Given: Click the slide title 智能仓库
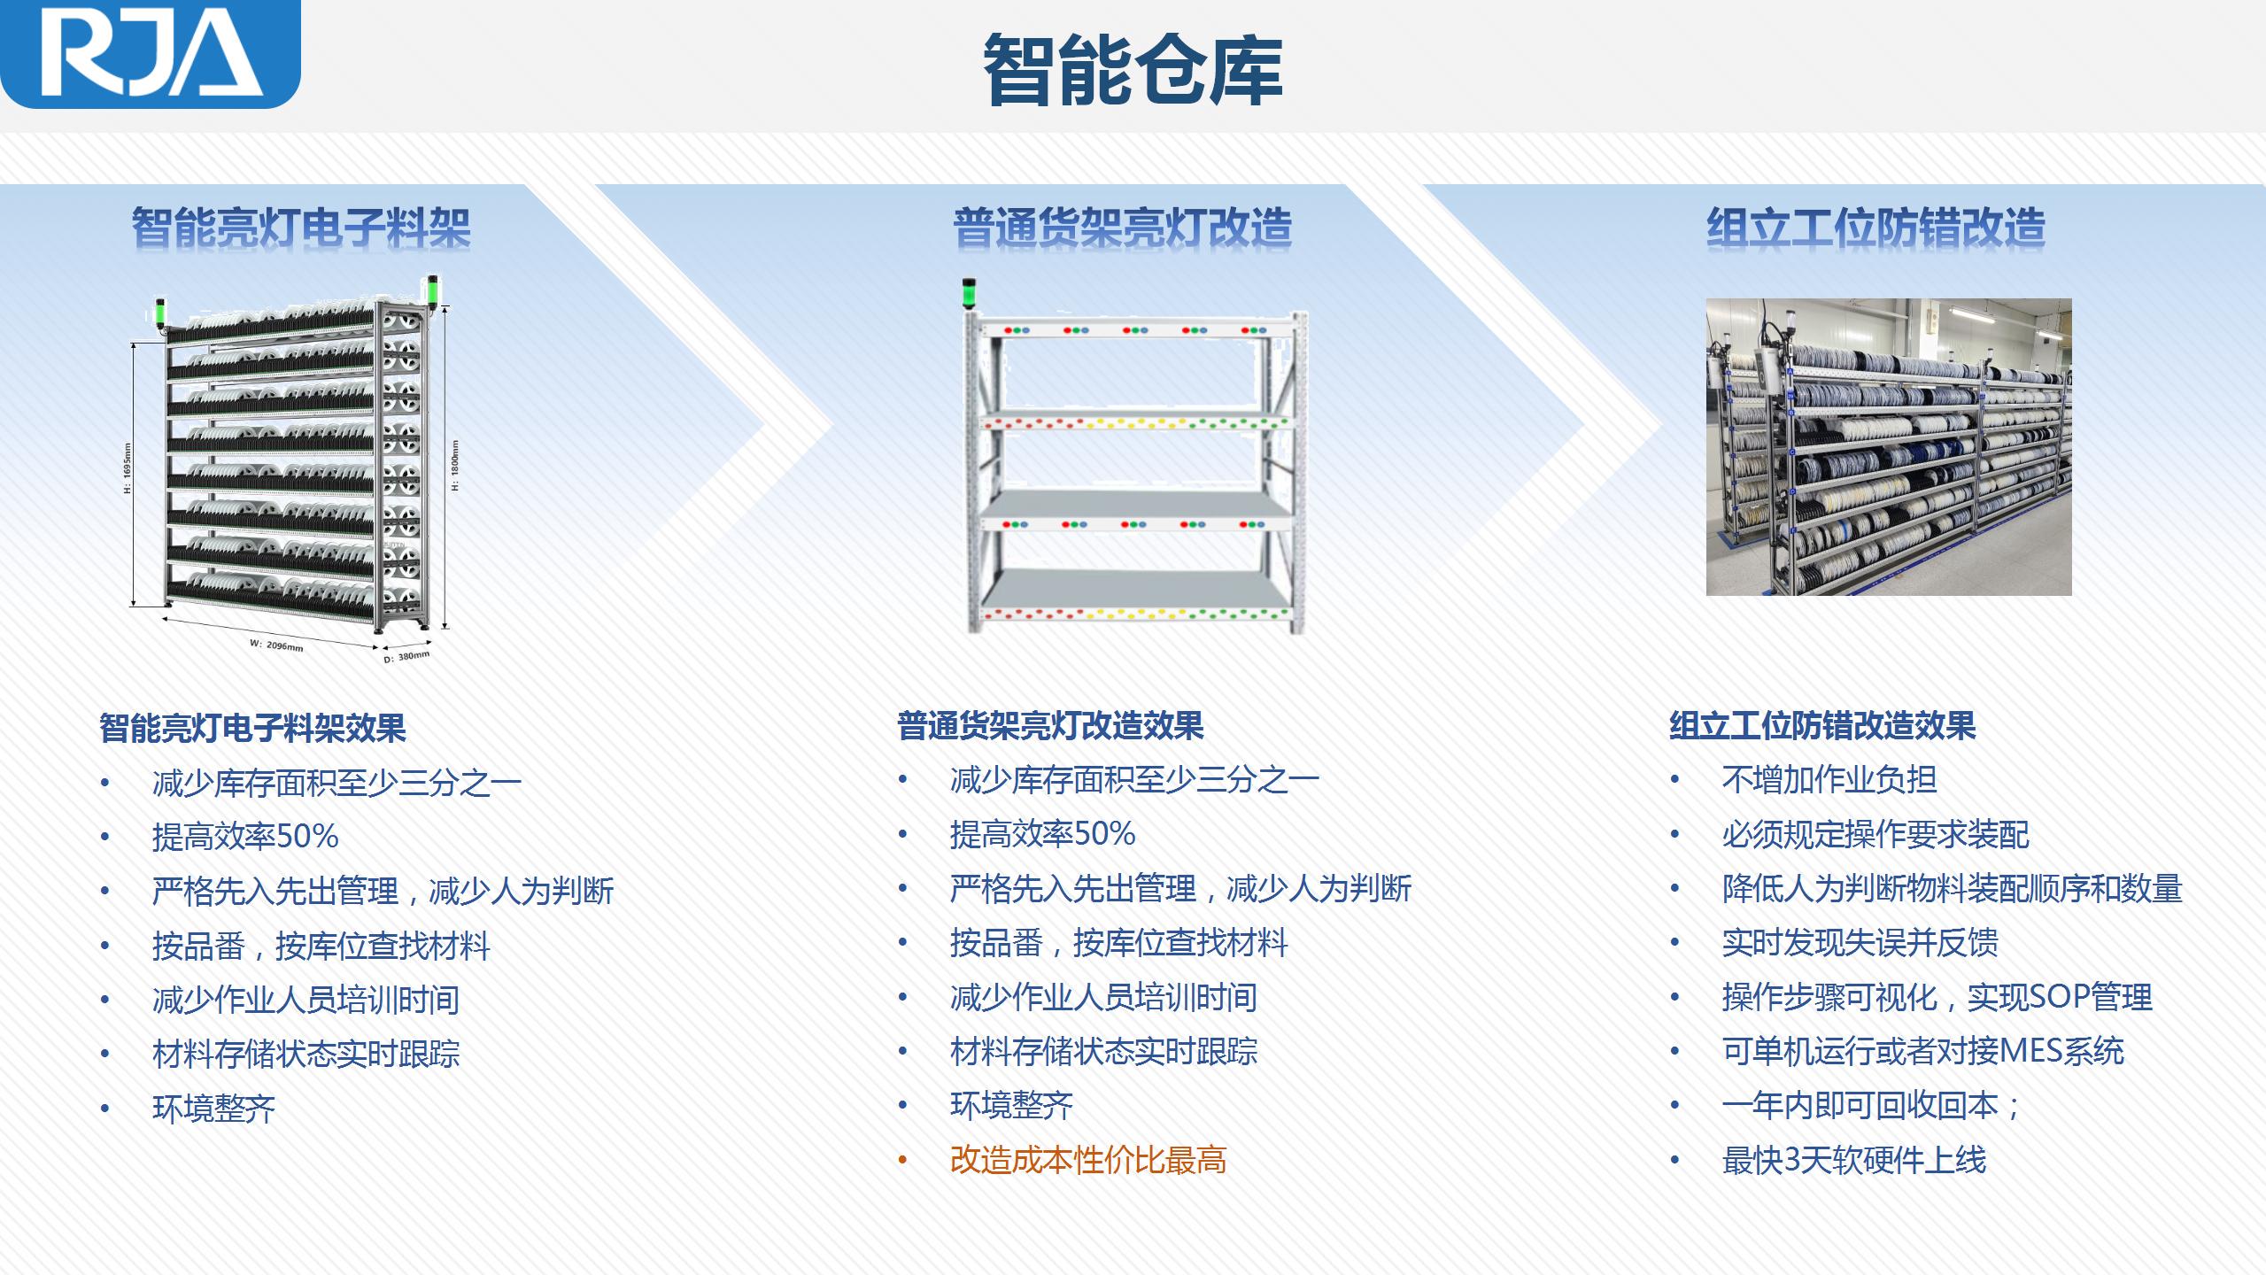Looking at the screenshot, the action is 1133,71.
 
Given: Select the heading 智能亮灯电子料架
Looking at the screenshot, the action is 301,228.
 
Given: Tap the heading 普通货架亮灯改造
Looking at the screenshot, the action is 1123,228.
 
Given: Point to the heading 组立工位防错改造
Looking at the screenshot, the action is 1876,228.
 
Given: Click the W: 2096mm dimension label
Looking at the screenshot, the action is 276,645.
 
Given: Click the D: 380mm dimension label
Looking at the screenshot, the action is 406,657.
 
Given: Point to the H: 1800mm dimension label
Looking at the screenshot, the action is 455,466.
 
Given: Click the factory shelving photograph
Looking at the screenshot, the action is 1889,447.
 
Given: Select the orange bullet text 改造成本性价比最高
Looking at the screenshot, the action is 1088,1160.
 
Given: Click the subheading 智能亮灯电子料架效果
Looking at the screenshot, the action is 252,728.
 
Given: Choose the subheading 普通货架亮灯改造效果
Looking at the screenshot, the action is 1050,726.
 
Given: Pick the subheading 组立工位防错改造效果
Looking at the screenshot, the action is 1822,726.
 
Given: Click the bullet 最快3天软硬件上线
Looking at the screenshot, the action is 1854,1160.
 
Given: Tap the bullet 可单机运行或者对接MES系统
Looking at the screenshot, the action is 1923,1051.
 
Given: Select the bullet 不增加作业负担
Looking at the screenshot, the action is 1829,780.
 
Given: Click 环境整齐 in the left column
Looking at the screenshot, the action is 214,1109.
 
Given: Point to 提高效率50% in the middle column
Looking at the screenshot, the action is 1043,834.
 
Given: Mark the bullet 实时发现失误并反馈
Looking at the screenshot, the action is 1860,943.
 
